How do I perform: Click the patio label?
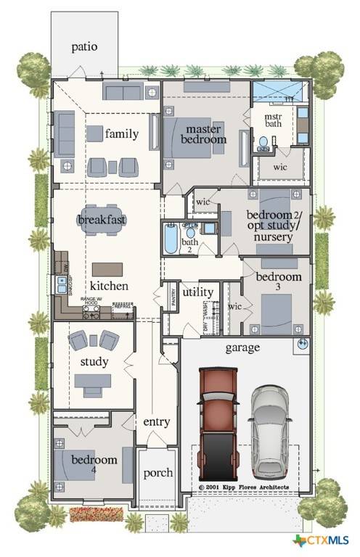[x=84, y=47]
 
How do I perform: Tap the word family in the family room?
[x=121, y=133]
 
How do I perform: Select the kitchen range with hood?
[x=92, y=313]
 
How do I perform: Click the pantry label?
[x=171, y=297]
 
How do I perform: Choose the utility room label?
[x=197, y=292]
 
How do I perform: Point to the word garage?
[x=242, y=347]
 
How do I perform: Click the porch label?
[x=157, y=473]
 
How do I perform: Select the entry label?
[x=157, y=422]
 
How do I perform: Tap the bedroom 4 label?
[x=94, y=464]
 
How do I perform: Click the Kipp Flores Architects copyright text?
[x=244, y=487]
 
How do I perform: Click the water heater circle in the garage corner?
[x=302, y=343]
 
